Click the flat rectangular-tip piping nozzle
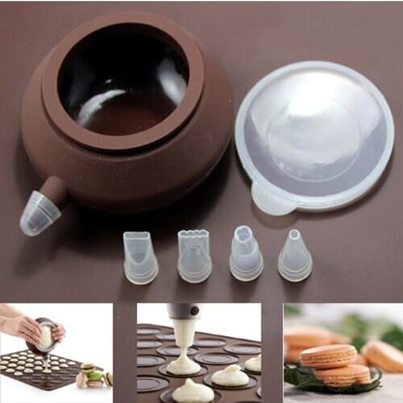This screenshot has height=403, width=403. pyautogui.click(x=140, y=258)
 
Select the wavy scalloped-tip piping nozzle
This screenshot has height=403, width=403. pyautogui.click(x=194, y=256)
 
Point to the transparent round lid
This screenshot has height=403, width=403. pyautogui.click(x=314, y=133)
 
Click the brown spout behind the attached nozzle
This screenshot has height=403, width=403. pyautogui.click(x=55, y=189)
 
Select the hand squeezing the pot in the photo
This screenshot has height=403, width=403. pyautogui.click(x=24, y=326)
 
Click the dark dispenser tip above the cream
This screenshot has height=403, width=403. pyautogui.click(x=183, y=312)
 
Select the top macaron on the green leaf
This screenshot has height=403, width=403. pyautogui.click(x=328, y=355)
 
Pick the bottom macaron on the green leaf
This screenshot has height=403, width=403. pyautogui.click(x=343, y=375)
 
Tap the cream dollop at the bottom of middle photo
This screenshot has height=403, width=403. pyautogui.click(x=193, y=392)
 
